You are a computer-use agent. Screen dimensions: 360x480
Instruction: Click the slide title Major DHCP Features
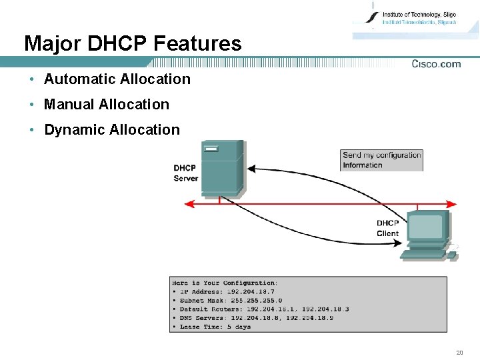pos(133,44)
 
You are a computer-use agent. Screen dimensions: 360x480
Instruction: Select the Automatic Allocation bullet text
pos(117,79)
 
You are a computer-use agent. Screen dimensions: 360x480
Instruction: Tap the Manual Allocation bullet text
pos(106,105)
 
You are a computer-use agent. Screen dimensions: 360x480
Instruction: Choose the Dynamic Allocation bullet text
pos(111,130)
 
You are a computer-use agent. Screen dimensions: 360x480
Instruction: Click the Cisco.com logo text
pos(436,64)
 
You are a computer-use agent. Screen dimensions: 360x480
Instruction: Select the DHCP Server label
pos(185,173)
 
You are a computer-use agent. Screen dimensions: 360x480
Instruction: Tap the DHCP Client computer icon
pos(427,235)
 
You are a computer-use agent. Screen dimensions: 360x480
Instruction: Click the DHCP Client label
pos(387,228)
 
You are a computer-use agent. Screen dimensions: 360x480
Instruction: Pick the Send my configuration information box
pos(381,160)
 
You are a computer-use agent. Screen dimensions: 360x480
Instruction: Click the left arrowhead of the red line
pos(189,203)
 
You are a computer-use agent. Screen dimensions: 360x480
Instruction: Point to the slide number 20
pos(459,352)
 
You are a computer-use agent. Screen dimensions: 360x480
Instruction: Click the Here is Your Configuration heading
pos(224,283)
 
